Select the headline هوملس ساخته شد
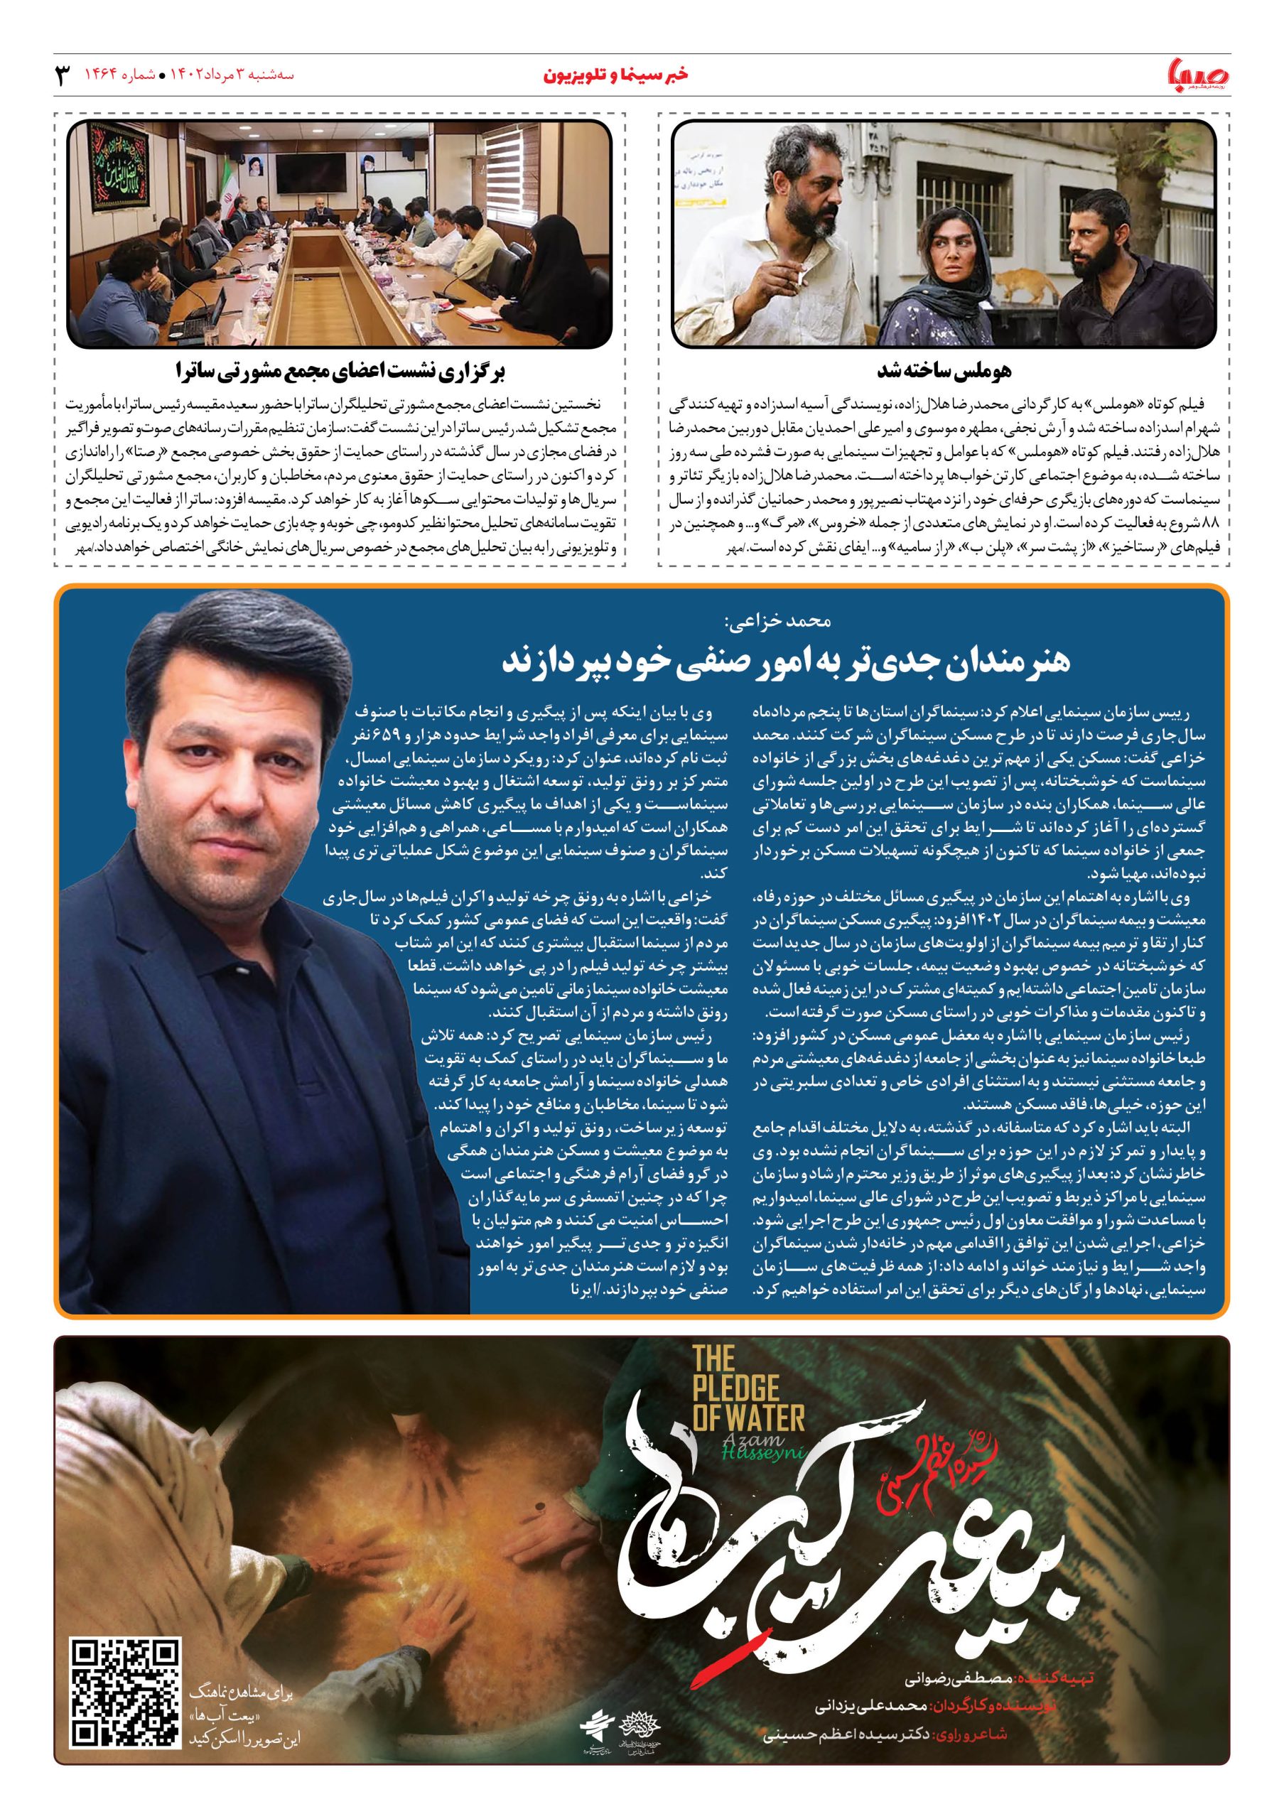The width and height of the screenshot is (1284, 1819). (943, 371)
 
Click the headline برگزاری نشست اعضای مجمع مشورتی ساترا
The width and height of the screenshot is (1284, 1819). (340, 371)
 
